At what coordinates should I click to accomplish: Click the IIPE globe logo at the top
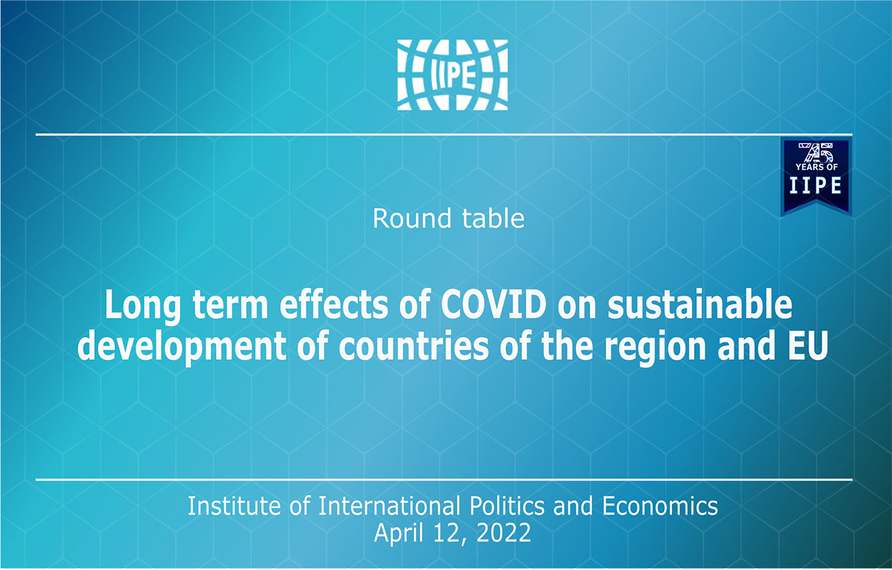[452, 74]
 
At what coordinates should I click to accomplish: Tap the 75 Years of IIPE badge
[816, 177]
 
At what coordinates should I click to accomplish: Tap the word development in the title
[182, 347]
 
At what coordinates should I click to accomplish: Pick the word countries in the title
[413, 347]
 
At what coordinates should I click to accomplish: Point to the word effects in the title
[334, 305]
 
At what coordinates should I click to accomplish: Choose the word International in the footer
[389, 506]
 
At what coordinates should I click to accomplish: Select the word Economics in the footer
[660, 506]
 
